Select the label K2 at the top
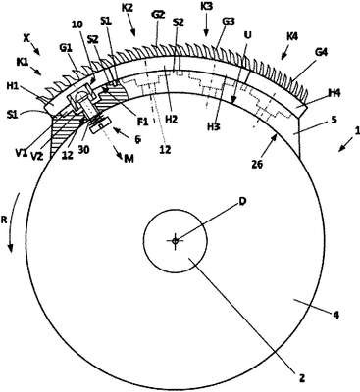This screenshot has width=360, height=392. pyautogui.click(x=128, y=8)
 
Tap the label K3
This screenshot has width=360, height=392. pyautogui.click(x=207, y=6)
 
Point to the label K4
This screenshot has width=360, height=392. pyautogui.click(x=292, y=36)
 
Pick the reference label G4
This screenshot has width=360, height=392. pyautogui.click(x=321, y=52)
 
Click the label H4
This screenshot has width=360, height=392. pyautogui.click(x=334, y=93)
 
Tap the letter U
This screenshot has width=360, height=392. pyautogui.click(x=247, y=34)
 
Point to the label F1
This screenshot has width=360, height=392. pyautogui.click(x=142, y=122)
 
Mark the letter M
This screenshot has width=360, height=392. pyautogui.click(x=129, y=159)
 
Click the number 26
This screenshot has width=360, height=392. pyautogui.click(x=257, y=164)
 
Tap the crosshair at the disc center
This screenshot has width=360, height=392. pyautogui.click(x=175, y=241)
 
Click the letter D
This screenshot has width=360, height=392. pyautogui.click(x=242, y=201)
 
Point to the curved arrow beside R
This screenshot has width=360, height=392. pyautogui.click(x=14, y=222)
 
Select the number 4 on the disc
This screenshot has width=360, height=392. pyautogui.click(x=335, y=316)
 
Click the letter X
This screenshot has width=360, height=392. pyautogui.click(x=26, y=38)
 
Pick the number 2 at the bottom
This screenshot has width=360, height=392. pyautogui.click(x=302, y=378)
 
